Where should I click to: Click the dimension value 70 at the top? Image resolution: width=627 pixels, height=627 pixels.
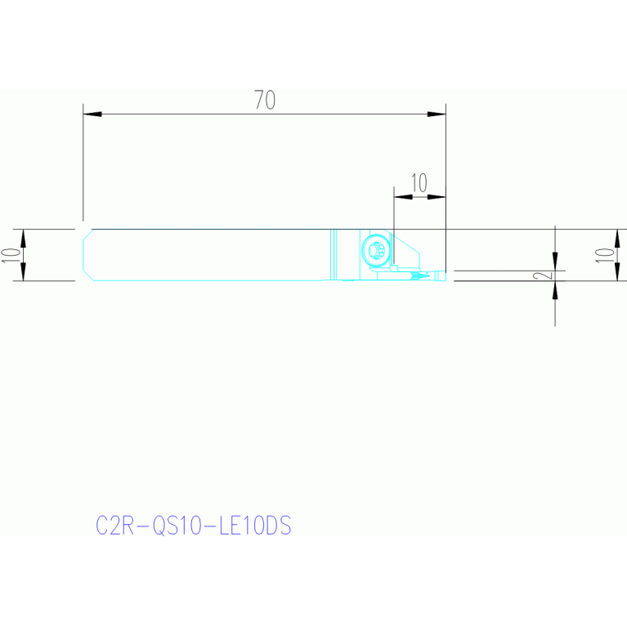coord(265,100)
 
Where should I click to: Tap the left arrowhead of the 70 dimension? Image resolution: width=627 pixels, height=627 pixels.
coord(92,114)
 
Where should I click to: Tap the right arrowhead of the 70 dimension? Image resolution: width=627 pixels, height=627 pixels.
coord(437,114)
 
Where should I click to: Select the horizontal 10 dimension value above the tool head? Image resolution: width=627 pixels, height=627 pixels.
coord(419,183)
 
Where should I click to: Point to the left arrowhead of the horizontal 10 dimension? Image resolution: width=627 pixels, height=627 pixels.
coord(403,197)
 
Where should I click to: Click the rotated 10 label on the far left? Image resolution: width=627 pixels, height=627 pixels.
coord(11,255)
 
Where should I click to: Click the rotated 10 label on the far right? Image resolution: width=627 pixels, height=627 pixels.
coord(604,255)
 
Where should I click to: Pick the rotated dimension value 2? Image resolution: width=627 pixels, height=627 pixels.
coord(544,275)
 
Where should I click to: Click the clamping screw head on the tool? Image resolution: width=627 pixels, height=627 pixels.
coord(376,250)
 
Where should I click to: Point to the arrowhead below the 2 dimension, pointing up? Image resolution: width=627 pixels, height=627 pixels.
coord(554,290)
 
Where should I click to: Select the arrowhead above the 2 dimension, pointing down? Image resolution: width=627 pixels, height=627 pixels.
coord(554,262)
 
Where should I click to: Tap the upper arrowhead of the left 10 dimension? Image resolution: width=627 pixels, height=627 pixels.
coord(23,239)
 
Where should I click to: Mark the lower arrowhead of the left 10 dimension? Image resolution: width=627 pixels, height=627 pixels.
coord(23,271)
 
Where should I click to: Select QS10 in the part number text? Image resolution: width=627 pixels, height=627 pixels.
coord(177,525)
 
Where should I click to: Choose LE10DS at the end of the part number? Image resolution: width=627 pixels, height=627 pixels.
coord(255,525)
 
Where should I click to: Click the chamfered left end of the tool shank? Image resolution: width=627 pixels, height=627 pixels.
coord(88,255)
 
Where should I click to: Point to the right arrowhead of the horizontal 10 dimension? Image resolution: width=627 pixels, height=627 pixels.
coord(437,197)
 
